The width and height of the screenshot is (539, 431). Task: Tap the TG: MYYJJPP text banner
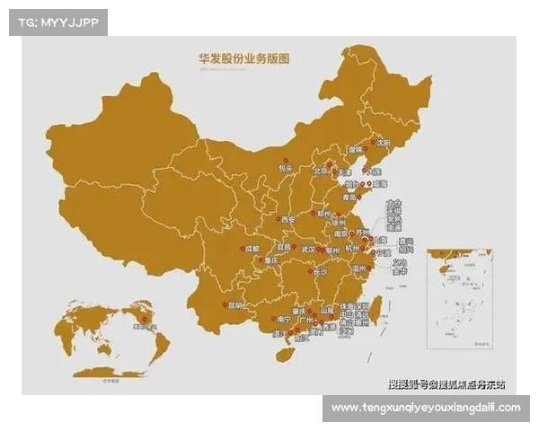tap(57, 22)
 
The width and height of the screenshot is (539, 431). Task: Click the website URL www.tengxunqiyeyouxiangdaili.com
tap(425, 408)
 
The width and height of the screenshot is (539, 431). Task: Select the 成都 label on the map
tap(252, 249)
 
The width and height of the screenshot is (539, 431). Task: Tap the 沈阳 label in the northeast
tap(384, 143)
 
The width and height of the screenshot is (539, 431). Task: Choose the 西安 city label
tap(287, 219)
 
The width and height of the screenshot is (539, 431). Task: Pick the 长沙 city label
tap(321, 271)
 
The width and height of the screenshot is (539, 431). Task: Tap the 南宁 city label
tap(283, 319)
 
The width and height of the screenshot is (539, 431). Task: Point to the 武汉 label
tap(308, 249)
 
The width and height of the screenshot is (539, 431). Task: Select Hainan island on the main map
tap(284, 354)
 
